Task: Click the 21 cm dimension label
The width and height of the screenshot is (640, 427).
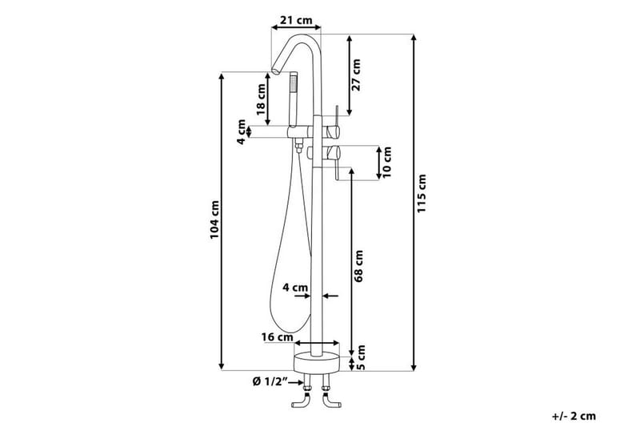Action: coord(294,19)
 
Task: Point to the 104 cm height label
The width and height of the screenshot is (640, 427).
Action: coord(214,219)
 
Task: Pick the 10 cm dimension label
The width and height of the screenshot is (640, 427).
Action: coord(388,161)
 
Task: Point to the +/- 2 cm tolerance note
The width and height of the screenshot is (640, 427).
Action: coord(574,416)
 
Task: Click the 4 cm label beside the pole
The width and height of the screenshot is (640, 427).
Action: coord(295,286)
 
